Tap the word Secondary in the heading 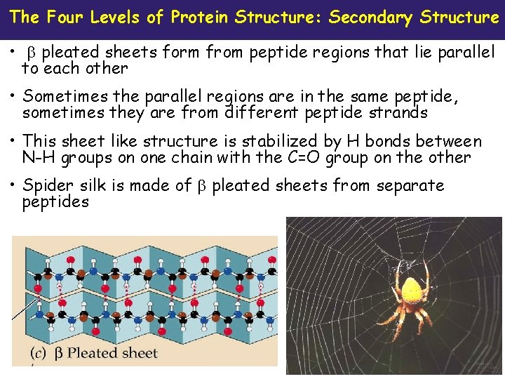[x=370, y=17]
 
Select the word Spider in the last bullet [x=46, y=186]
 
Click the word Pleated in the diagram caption [x=95, y=353]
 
